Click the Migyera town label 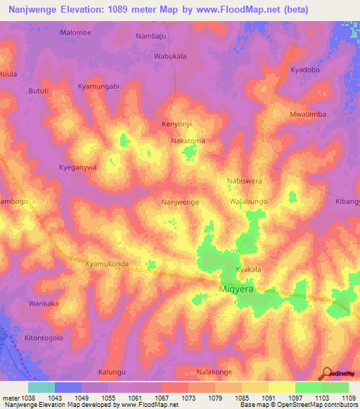[x=236, y=288]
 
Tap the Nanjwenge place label [x=180, y=202]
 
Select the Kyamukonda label [x=107, y=264]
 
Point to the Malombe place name [x=76, y=33]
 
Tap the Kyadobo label [x=305, y=71]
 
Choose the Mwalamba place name [x=307, y=113]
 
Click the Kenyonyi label [x=177, y=123]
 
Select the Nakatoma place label [x=188, y=141]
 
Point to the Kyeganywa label [x=77, y=167]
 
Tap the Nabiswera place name [x=244, y=181]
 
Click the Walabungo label [x=248, y=202]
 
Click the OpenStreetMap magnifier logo [x=327, y=373]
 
